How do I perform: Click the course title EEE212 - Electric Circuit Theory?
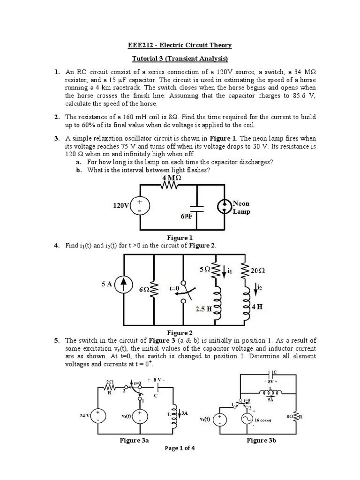click(x=180, y=45)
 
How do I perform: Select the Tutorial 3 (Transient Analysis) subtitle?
click(x=180, y=59)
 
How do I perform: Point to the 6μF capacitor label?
click(x=186, y=217)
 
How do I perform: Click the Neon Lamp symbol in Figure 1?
click(x=225, y=206)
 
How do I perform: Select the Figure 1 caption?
click(x=180, y=238)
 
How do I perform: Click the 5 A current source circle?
click(x=124, y=284)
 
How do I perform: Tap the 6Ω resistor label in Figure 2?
click(x=145, y=290)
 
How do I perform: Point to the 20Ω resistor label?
click(x=258, y=270)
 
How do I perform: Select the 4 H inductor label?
click(x=256, y=307)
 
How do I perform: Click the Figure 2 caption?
click(x=180, y=332)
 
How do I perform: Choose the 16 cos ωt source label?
click(x=263, y=420)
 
